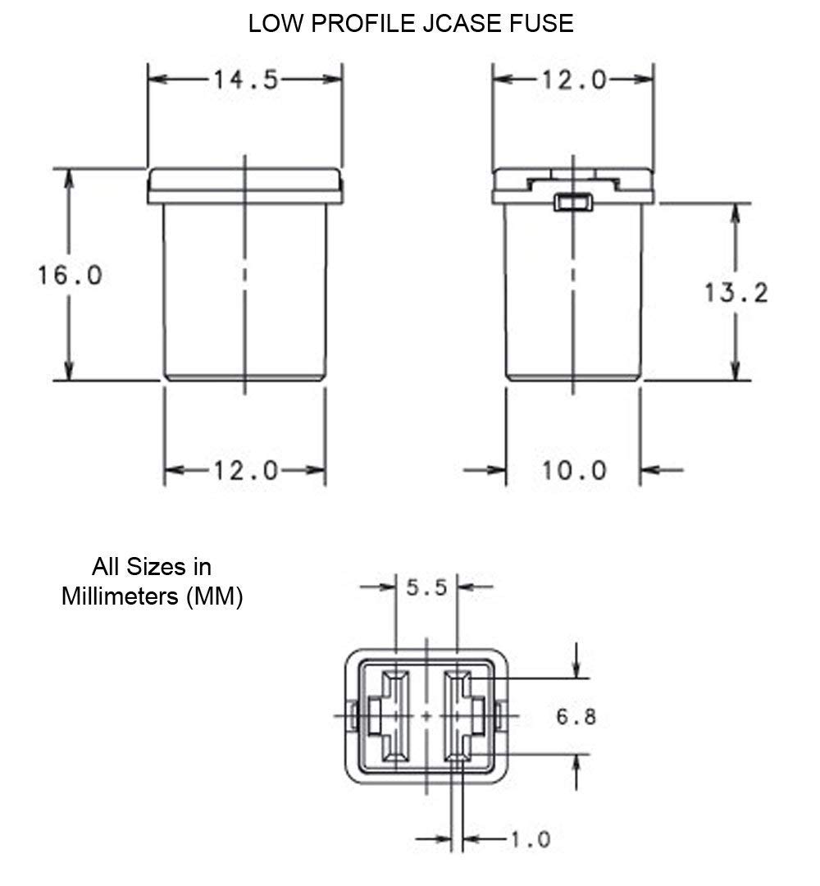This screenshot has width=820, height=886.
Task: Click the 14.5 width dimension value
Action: (246, 80)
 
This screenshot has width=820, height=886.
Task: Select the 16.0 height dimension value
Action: (70, 276)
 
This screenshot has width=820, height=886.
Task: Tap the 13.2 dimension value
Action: (736, 293)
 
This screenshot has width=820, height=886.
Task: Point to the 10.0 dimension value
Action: (574, 470)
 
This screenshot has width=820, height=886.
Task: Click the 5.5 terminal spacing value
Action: (427, 587)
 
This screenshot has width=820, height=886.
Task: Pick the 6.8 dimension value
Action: (576, 716)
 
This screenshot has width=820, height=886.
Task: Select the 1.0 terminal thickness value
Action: (531, 840)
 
